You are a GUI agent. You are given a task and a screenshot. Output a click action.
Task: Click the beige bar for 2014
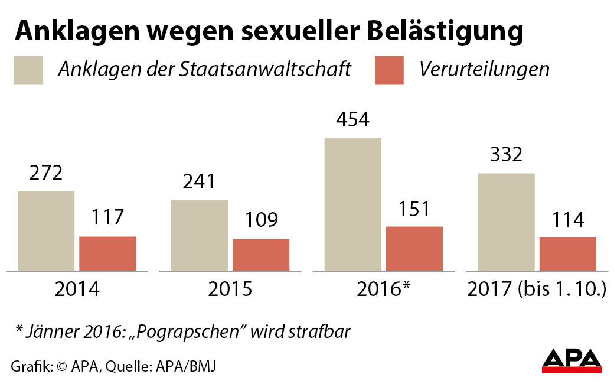(x=46, y=231)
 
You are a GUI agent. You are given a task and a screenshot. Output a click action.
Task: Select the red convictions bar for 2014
(x=107, y=253)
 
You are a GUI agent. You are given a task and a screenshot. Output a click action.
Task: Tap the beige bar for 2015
(x=200, y=235)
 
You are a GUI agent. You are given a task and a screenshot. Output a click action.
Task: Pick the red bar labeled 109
(x=261, y=255)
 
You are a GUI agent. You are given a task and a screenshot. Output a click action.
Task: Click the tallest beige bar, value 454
(x=353, y=204)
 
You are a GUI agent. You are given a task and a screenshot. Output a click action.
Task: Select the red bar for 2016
(x=414, y=249)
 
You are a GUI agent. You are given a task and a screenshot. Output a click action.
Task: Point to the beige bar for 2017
(x=507, y=222)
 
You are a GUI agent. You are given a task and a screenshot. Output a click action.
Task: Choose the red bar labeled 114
(x=568, y=254)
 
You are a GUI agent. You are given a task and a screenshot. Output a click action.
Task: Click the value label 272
(x=45, y=173)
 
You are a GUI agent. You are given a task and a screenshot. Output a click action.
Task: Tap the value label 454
(x=352, y=120)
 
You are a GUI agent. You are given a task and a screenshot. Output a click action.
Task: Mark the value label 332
(x=506, y=155)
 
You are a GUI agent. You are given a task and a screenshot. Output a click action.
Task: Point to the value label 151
(x=414, y=209)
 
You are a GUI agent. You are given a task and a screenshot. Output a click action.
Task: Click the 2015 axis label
(x=230, y=289)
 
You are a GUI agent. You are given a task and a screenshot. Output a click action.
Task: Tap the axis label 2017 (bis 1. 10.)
(x=537, y=289)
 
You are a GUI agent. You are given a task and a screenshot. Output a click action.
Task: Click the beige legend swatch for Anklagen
(x=29, y=70)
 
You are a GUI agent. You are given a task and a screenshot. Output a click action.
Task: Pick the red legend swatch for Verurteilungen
(x=389, y=70)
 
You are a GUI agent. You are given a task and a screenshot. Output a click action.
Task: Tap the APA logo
(x=571, y=361)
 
